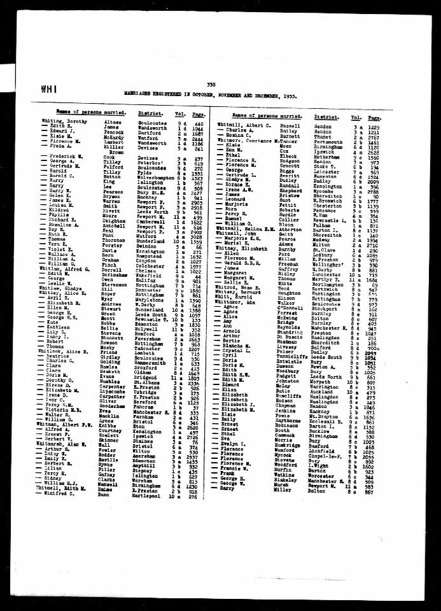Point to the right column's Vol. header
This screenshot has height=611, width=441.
tap(356, 117)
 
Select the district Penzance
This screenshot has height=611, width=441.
tap(325, 211)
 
